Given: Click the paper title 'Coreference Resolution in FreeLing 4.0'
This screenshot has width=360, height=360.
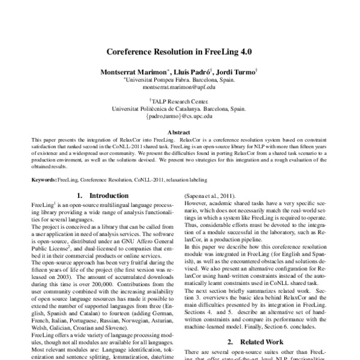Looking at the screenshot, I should pyautogui.click(x=179, y=52).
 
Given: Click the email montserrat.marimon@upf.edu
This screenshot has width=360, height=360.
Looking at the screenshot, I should pyautogui.click(x=179, y=86).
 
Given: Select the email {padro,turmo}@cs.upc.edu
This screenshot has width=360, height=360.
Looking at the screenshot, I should pyautogui.click(x=179, y=118).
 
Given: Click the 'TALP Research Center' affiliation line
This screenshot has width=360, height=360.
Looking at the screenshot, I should pyautogui.click(x=180, y=102).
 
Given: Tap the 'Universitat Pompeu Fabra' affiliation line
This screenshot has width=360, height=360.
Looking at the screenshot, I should pyautogui.click(x=179, y=79).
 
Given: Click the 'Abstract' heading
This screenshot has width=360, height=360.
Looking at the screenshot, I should pyautogui.click(x=179, y=131).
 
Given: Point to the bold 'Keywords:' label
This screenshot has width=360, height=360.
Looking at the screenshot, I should pyautogui.click(x=44, y=179).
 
